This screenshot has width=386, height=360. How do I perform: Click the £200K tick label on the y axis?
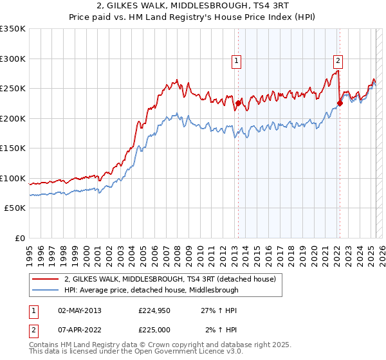pyautogui.click(x=13, y=118)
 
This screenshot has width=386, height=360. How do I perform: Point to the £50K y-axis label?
pyautogui.click(x=15, y=208)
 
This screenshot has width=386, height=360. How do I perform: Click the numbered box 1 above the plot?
pyautogui.click(x=237, y=61)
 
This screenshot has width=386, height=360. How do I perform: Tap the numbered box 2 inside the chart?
pyautogui.click(x=338, y=61)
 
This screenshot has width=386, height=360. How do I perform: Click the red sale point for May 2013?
pyautogui.click(x=238, y=103)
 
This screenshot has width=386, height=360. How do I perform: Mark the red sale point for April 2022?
pyautogui.click(x=339, y=103)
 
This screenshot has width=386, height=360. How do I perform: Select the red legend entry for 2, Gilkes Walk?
pyautogui.click(x=170, y=279)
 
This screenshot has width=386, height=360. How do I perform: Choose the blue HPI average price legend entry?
pyautogui.click(x=151, y=290)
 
